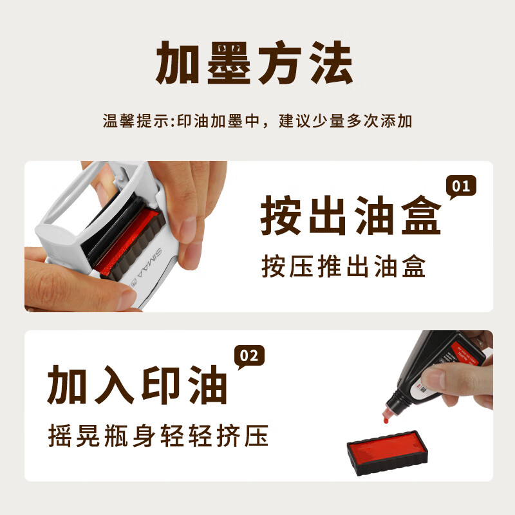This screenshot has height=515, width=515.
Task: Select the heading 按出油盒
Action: pyautogui.click(x=351, y=217)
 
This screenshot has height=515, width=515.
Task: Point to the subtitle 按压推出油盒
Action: pyautogui.click(x=344, y=267)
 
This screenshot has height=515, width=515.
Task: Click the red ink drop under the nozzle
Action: pyautogui.click(x=385, y=420)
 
